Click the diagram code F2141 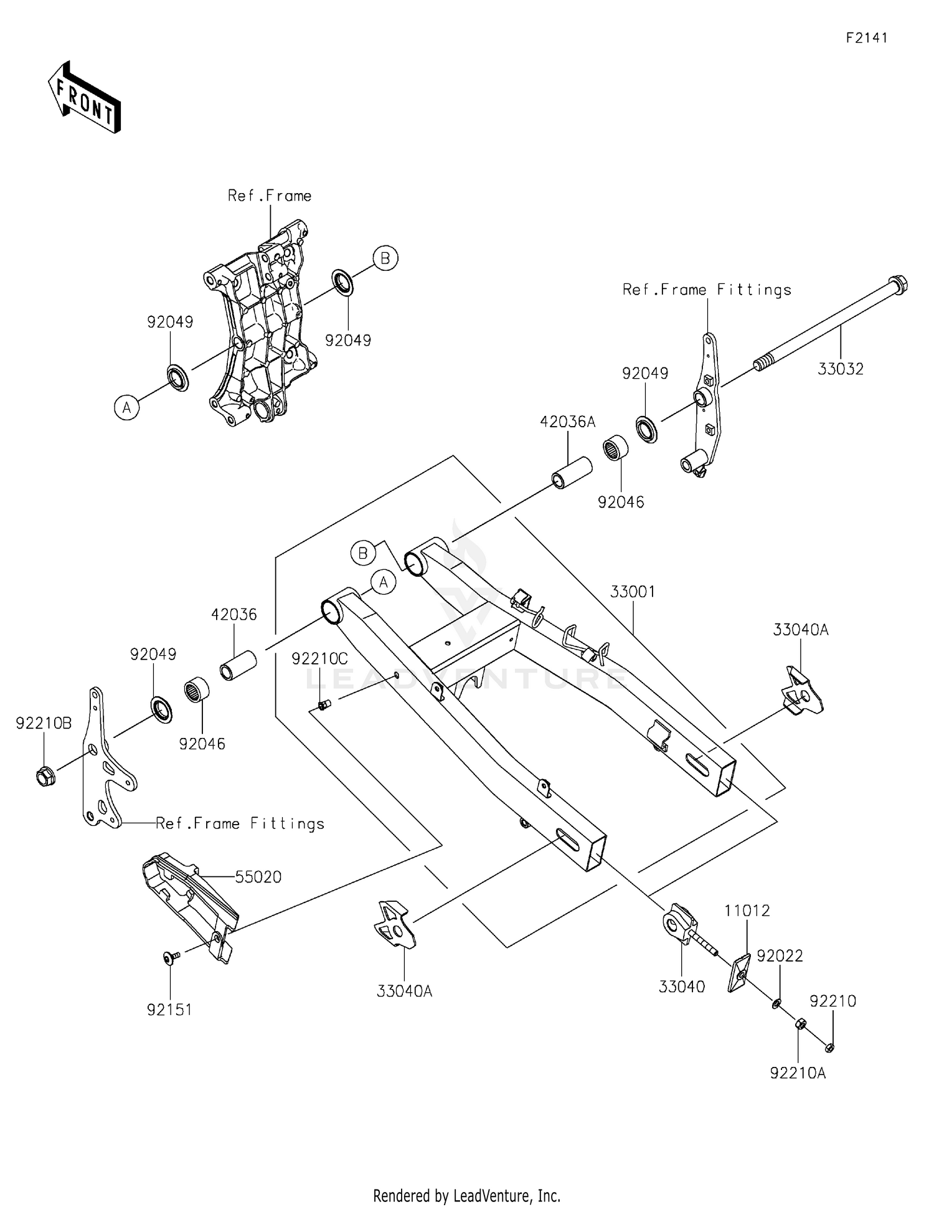pos(866,38)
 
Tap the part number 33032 pos(840,369)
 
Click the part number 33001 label pos(632,592)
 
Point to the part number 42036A pos(567,422)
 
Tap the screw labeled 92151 pos(171,957)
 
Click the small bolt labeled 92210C pos(323,704)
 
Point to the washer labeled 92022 pos(776,1003)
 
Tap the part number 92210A pos(798,1073)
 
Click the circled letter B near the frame pos(385,258)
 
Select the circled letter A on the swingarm pos(384,582)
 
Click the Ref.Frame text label pos(269,196)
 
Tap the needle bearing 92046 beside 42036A pos(615,450)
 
